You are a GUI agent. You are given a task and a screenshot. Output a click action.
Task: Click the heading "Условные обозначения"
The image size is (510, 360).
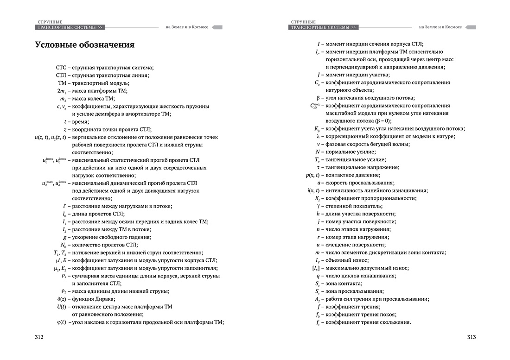[84, 45]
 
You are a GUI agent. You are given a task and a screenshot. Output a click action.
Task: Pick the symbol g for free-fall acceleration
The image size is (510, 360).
[64, 237]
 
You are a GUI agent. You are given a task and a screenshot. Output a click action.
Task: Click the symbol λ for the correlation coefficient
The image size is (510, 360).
[318, 136]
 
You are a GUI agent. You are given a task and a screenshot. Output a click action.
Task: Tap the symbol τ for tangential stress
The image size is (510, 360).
[318, 167]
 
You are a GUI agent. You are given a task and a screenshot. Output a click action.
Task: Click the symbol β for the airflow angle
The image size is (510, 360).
[318, 98]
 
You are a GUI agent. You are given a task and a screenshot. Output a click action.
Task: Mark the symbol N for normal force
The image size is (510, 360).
[318, 152]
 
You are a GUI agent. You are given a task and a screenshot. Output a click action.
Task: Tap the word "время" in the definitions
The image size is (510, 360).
[80, 121]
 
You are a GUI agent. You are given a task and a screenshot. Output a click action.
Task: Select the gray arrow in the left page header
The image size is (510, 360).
[217, 27]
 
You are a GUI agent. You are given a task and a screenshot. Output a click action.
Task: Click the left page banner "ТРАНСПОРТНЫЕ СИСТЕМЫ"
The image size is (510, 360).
[68, 27]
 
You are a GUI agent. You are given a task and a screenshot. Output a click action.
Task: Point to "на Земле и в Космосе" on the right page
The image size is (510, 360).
[440, 27]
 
